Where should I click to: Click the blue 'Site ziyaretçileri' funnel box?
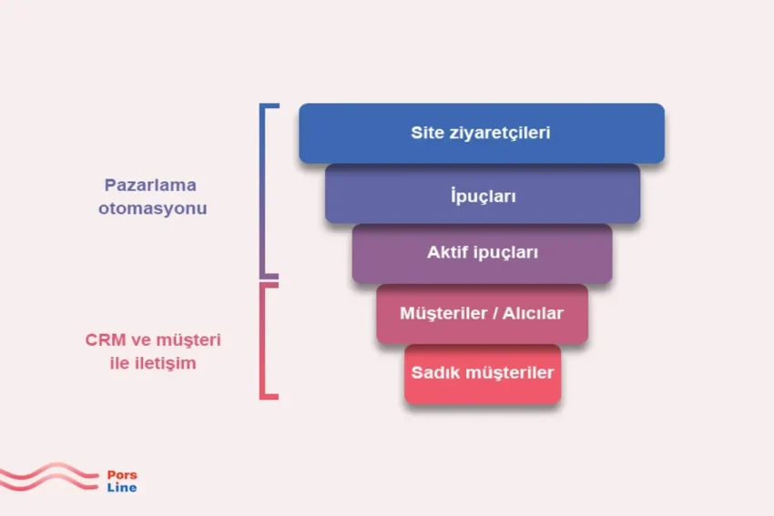(x=482, y=133)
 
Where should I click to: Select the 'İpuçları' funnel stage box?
(x=483, y=194)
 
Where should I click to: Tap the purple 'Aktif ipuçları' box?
(x=483, y=254)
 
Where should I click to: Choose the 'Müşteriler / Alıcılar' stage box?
(x=483, y=314)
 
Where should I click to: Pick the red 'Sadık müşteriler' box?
(x=483, y=374)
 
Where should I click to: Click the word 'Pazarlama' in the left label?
(x=150, y=186)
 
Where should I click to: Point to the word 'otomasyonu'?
(x=153, y=208)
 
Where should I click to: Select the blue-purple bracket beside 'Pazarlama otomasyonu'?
(x=262, y=191)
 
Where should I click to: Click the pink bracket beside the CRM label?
(x=262, y=341)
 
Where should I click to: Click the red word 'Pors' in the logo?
(x=122, y=475)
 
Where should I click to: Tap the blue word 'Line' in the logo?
(x=122, y=488)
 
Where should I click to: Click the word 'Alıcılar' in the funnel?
(x=533, y=313)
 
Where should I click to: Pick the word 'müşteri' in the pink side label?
(x=189, y=340)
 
